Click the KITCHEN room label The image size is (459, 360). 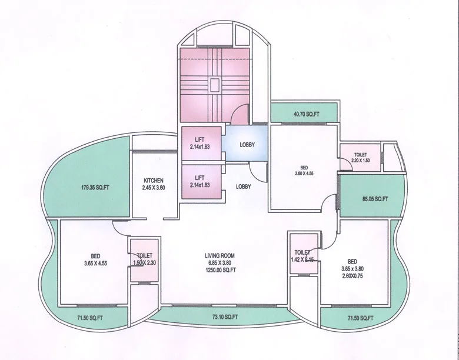click(x=153, y=181)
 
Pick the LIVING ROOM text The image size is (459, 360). click(x=220, y=255)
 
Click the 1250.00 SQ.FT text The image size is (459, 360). click(x=220, y=270)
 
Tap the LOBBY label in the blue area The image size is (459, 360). click(x=247, y=144)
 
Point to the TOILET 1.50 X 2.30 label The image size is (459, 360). click(x=145, y=259)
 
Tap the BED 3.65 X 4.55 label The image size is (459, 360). click(x=95, y=259)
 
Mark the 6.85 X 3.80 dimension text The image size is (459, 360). click(x=220, y=263)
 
